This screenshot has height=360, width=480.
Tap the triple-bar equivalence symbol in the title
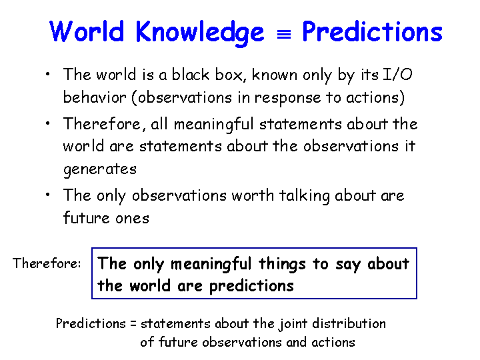coord(284,35)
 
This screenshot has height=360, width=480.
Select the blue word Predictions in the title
coord(372,31)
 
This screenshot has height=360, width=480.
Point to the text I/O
coord(397,75)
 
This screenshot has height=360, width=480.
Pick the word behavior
coord(95,97)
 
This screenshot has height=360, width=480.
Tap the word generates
coord(100,169)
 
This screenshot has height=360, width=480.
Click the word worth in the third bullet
coord(253,195)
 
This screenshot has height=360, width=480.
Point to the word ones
coord(132,219)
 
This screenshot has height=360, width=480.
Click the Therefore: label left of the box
coord(47,263)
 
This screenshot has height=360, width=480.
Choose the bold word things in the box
coord(282,264)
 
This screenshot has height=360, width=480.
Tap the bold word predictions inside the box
coord(251,287)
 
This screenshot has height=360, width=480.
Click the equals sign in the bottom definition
coord(133,324)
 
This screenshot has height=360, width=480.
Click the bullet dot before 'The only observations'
coord(47,195)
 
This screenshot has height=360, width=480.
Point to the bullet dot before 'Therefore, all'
coord(47,123)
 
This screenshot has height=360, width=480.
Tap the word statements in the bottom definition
coord(175,324)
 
